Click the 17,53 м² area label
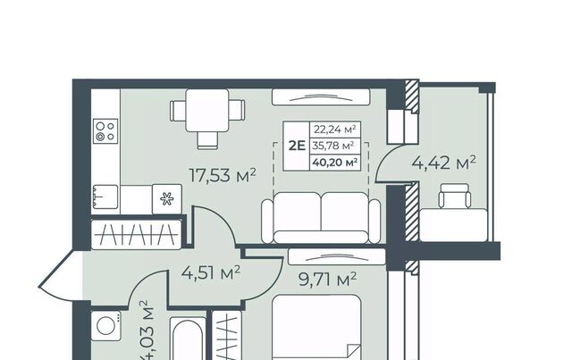(223, 175)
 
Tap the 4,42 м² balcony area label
(443, 163)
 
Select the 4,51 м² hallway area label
(211, 272)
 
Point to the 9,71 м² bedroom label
(327, 280)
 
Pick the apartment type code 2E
(297, 146)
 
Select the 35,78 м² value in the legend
(333, 146)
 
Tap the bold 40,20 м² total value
(334, 163)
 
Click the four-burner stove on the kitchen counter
(105, 131)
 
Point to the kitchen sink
(105, 197)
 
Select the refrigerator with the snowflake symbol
(167, 199)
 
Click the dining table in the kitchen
(207, 111)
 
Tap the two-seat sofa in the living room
(321, 218)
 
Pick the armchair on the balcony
(455, 196)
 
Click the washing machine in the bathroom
(105, 326)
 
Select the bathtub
(186, 339)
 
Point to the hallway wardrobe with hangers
(136, 235)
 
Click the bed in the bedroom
(316, 328)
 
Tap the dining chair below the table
(207, 140)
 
